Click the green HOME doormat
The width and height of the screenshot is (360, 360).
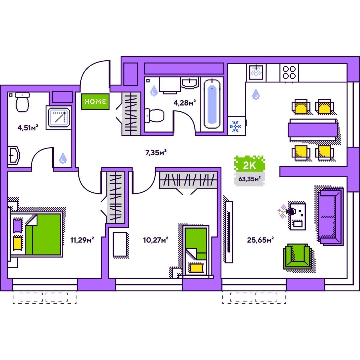pos(95,101)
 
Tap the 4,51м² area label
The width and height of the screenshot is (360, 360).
pos(28,128)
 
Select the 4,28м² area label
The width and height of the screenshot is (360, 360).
pos(184,103)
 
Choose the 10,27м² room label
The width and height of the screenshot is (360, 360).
pos(155,240)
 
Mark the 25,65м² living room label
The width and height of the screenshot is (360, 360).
pos(260,240)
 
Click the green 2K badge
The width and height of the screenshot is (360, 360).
pos(250,165)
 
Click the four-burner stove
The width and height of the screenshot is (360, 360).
pos(289,73)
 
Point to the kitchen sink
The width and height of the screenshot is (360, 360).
pos(256,72)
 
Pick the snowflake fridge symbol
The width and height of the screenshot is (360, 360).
pos(235,127)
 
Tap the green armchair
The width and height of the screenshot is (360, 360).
pos(297,256)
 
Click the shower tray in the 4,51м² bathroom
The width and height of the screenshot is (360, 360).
pos(59,117)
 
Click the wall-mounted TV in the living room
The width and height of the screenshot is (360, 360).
pos(229,232)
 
